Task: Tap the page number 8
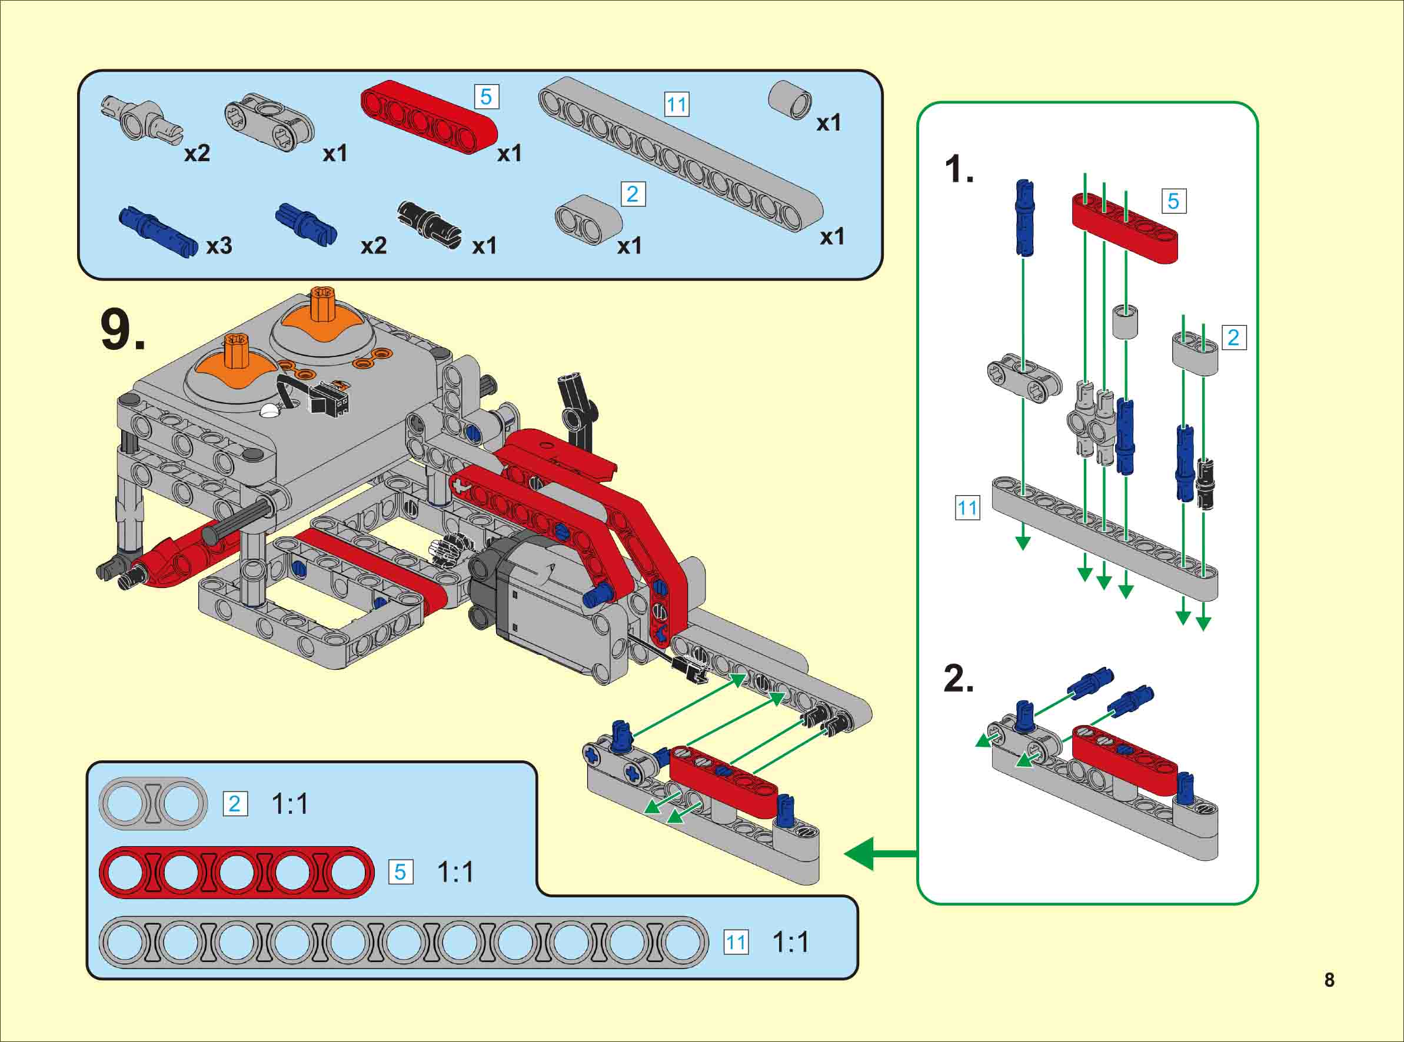point(1329,980)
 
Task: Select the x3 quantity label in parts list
point(219,245)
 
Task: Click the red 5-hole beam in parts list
point(429,116)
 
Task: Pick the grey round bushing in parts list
point(790,99)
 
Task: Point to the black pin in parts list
point(429,227)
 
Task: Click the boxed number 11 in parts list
point(677,105)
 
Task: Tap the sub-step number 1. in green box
point(959,170)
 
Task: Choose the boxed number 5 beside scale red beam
point(400,871)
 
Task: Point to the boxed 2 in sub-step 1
point(1233,338)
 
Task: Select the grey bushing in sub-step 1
point(1124,322)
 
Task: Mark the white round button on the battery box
point(270,411)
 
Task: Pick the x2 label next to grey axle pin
point(197,153)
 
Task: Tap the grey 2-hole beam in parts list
point(588,220)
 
